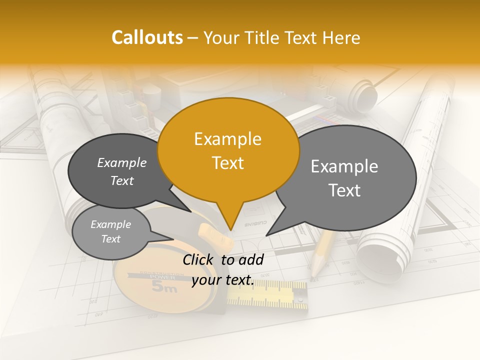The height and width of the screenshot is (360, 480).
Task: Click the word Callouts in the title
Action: (147, 37)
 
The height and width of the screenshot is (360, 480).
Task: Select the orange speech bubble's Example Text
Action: (228, 151)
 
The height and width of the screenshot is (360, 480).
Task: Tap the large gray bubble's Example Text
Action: (344, 178)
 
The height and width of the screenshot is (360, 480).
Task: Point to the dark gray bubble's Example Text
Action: (122, 171)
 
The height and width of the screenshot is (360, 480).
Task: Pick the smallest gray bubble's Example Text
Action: (110, 231)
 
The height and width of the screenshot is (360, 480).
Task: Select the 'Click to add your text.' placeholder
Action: (223, 270)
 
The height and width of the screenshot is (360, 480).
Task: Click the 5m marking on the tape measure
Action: (164, 287)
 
